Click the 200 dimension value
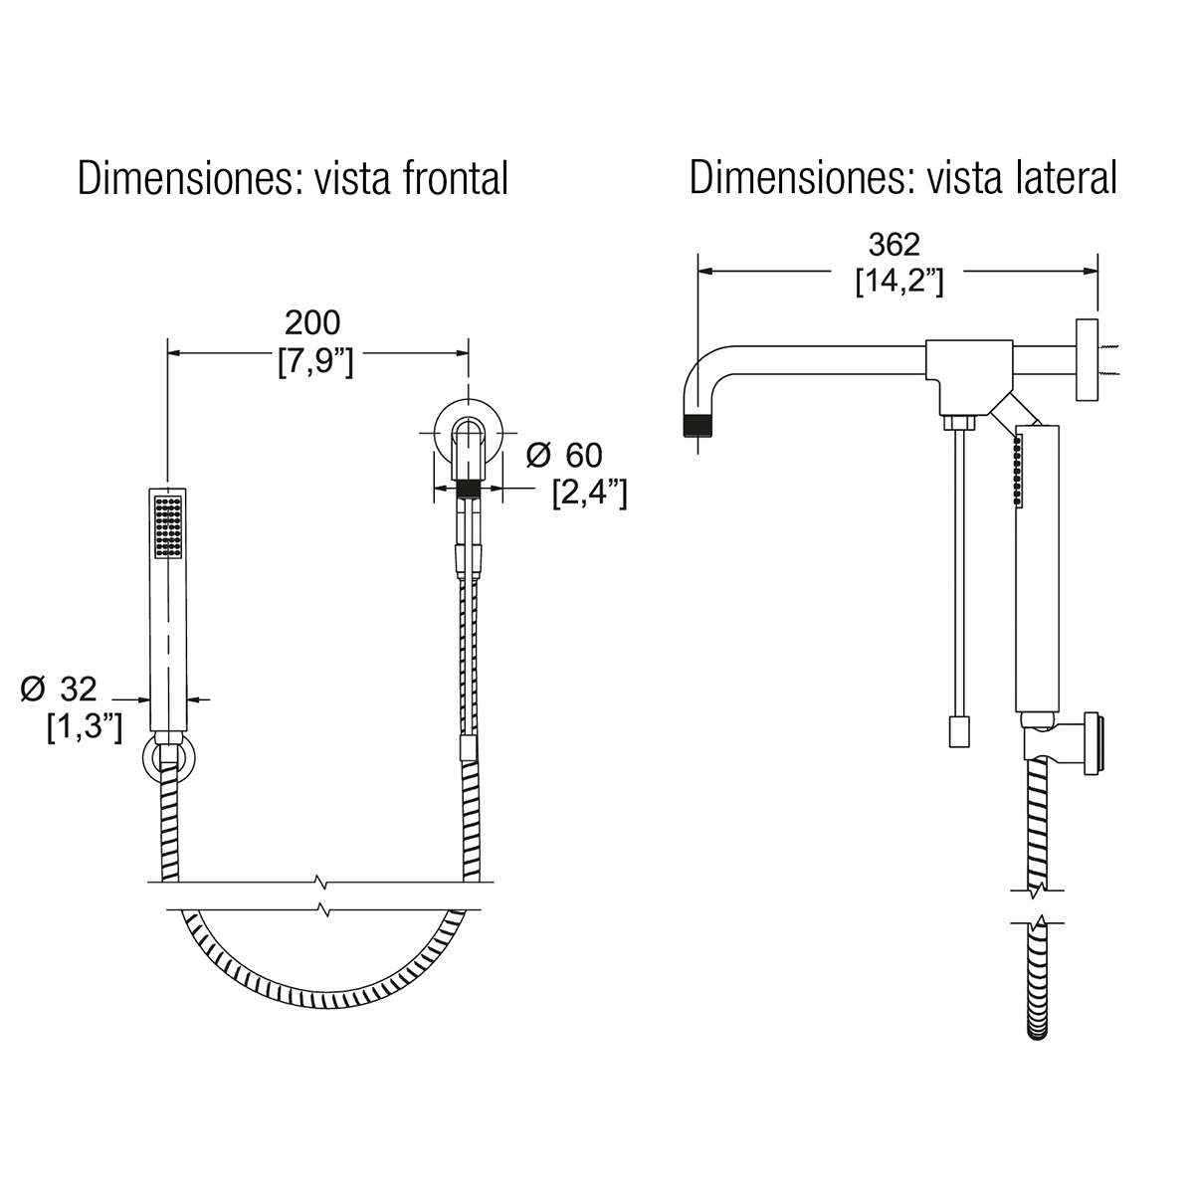click(x=312, y=322)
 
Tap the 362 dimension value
click(x=895, y=245)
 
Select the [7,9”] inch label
click(x=315, y=361)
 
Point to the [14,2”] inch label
click(x=899, y=282)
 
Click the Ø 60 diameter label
click(x=564, y=456)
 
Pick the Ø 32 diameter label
click(x=59, y=689)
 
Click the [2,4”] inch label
click(x=589, y=494)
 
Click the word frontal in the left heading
click(x=456, y=178)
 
